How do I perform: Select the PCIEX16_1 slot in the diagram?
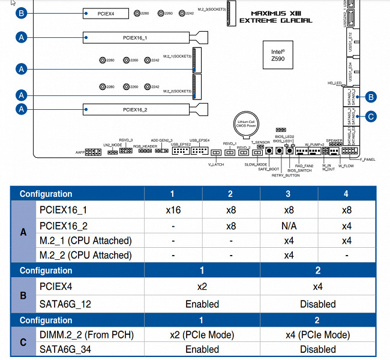(x=146, y=38)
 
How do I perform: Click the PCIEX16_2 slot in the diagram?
(x=146, y=109)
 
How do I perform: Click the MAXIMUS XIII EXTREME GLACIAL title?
(x=275, y=16)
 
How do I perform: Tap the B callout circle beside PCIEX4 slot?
(x=22, y=13)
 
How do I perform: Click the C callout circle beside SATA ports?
(x=371, y=116)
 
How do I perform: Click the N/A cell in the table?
(x=289, y=226)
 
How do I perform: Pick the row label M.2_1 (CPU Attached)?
(x=85, y=241)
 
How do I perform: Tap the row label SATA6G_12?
(x=65, y=304)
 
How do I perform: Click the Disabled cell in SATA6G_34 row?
(x=318, y=349)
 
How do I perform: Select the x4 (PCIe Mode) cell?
(x=318, y=335)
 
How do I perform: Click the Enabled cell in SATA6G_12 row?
(x=202, y=304)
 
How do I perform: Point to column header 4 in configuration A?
(x=346, y=194)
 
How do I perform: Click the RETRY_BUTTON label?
(x=286, y=176)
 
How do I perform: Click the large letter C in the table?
(x=23, y=342)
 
